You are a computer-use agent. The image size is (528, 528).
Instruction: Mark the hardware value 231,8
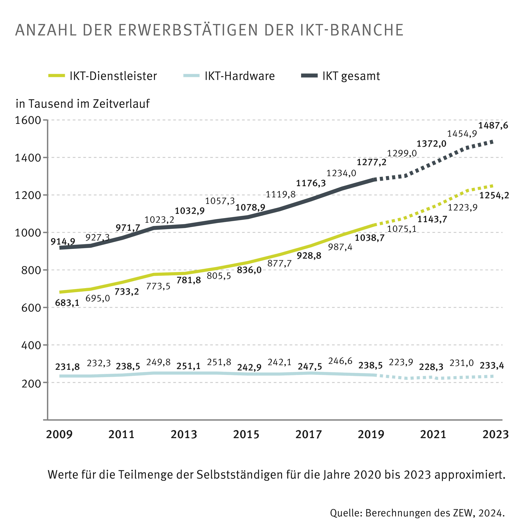coord(67,367)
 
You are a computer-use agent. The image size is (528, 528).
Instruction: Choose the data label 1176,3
coord(311,183)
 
